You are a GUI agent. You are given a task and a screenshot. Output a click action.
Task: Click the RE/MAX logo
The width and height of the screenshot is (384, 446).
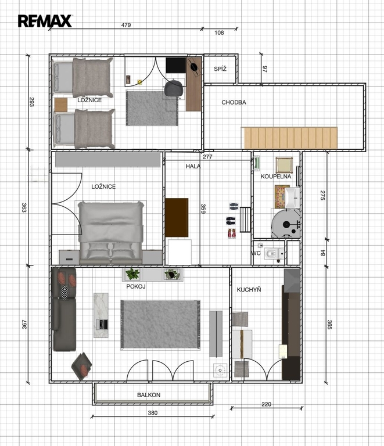point(45,21)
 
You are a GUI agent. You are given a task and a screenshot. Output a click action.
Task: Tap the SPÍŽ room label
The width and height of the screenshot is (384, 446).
point(220,69)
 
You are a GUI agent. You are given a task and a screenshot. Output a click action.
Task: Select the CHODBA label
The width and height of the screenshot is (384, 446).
point(234,102)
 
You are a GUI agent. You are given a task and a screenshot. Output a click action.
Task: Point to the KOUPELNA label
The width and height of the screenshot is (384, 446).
point(276,177)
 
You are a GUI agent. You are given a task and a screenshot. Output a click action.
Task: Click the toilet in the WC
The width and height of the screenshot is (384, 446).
point(274,253)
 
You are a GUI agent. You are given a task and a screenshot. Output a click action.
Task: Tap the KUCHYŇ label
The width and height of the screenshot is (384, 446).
point(249,290)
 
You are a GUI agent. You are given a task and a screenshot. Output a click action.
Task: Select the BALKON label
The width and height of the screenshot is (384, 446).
point(149,395)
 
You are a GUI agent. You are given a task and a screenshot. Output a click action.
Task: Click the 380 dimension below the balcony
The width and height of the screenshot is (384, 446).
point(153,413)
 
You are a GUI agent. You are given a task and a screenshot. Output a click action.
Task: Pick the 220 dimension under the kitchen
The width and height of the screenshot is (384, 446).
point(266,404)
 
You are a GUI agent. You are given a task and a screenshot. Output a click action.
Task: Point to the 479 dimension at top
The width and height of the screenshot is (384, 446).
point(126,25)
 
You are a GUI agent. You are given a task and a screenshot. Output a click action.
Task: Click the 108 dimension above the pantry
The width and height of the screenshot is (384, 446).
point(219,33)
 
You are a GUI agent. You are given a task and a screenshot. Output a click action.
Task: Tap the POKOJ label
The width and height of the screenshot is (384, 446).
point(136,286)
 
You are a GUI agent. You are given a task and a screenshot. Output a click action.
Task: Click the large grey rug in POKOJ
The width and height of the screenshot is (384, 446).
point(160,324)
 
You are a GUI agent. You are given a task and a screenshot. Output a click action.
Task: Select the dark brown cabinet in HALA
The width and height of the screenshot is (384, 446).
point(177,218)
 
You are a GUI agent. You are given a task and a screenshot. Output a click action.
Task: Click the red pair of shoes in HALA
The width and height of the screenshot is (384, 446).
point(232,233)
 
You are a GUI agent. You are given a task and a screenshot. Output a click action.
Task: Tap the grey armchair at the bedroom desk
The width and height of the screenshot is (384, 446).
point(173,88)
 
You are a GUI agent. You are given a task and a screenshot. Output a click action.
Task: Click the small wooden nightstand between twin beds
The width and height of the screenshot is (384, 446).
point(60,105)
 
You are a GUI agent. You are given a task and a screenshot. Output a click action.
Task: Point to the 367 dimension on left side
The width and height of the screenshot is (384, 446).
point(24,325)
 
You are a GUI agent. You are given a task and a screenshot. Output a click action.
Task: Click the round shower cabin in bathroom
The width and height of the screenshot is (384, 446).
point(285,224)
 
